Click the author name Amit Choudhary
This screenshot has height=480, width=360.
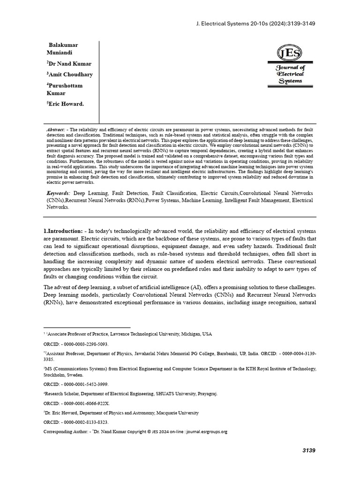coord(70,74)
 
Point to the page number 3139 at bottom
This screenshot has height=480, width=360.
coord(308,450)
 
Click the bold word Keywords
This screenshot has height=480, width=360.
coord(59,193)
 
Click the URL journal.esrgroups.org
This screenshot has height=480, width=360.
coord(206,431)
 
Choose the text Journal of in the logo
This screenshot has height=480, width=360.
coord(290,67)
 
